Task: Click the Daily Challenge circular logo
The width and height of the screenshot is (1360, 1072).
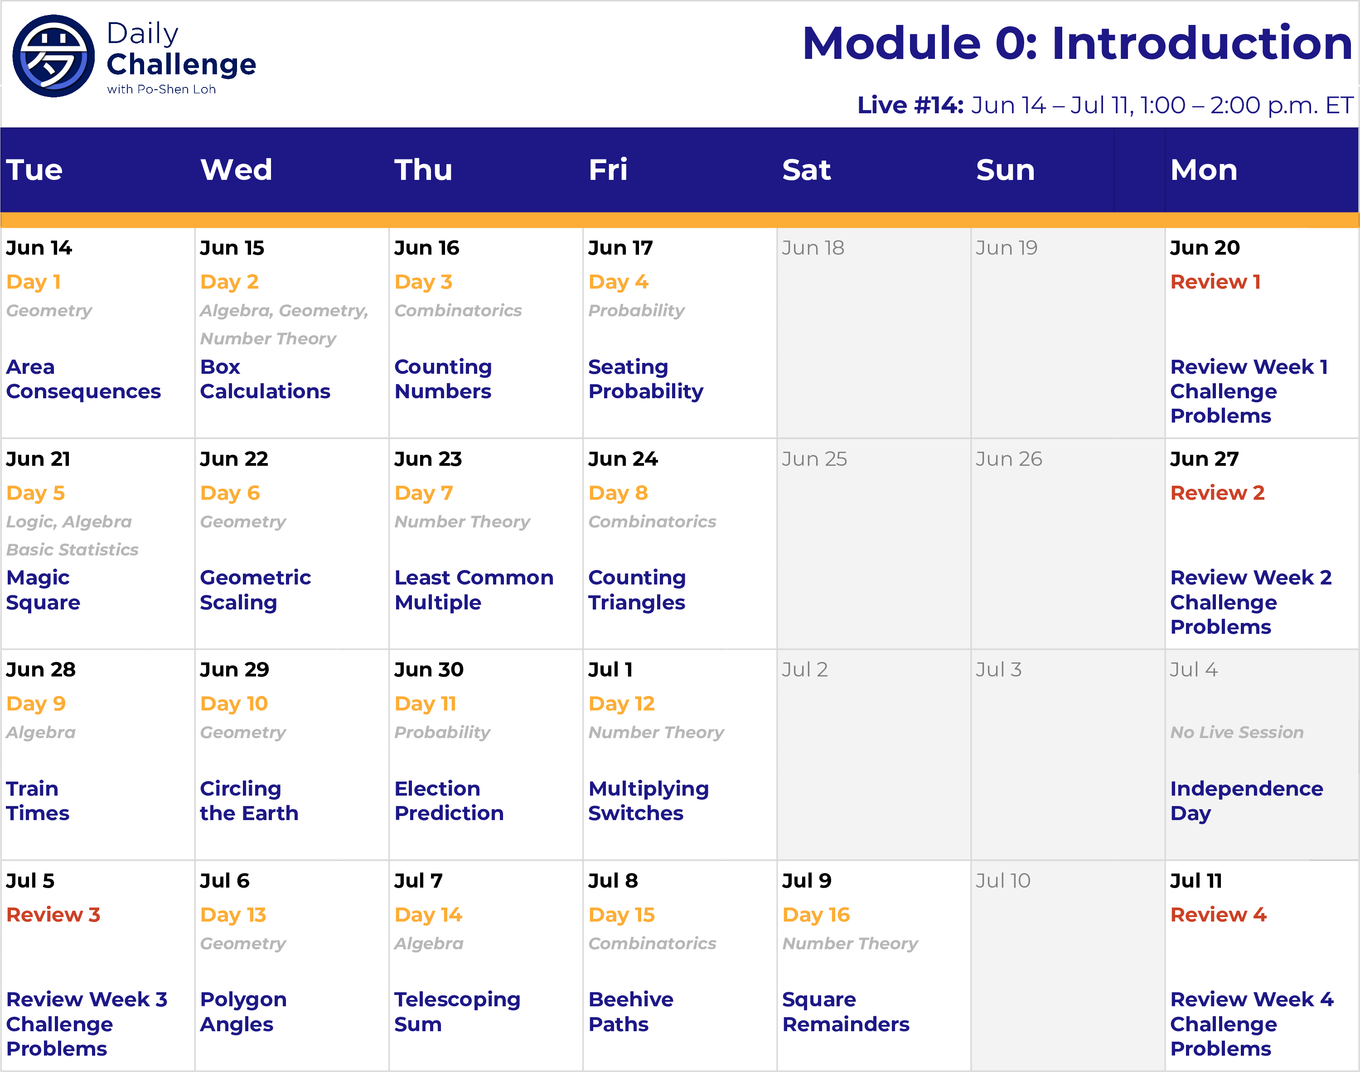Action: point(54,56)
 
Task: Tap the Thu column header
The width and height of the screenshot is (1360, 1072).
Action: point(424,169)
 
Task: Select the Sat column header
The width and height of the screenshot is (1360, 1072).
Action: point(807,169)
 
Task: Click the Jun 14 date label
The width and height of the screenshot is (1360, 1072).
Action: point(39,248)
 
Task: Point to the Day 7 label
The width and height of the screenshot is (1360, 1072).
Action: point(424,493)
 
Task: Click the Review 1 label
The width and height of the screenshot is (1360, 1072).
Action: point(1215,282)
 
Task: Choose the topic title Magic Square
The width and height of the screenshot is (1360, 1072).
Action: point(44,590)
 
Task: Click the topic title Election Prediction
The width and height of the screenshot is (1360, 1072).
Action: point(449,801)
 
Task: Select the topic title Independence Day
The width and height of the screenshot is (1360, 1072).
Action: point(1246,801)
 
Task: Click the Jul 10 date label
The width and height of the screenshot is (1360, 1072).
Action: point(1003,881)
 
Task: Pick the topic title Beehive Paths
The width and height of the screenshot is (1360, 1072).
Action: point(631,1012)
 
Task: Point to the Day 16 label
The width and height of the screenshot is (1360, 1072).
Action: point(816,915)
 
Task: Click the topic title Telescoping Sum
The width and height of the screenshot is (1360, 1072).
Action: point(457,1012)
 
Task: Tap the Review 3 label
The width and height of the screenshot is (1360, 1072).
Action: point(53,915)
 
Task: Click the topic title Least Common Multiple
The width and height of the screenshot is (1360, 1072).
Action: point(474,590)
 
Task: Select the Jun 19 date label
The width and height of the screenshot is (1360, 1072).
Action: point(1006,248)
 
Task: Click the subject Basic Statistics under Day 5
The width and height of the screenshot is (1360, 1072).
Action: point(72,550)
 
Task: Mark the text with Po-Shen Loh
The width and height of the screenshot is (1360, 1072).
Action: point(161,89)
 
